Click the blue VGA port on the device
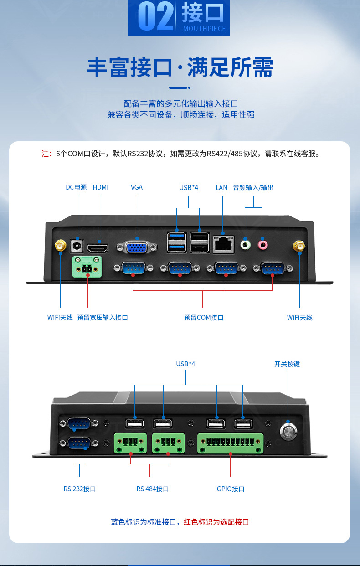tap(136, 247)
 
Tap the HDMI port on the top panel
tap(98, 248)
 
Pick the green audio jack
tap(246, 245)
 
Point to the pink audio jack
tap(263, 245)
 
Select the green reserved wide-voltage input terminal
tap(87, 267)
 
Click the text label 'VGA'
tap(137, 187)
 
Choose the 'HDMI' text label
tap(101, 187)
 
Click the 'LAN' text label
tap(221, 187)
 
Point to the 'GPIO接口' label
tap(231, 489)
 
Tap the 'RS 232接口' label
tap(80, 489)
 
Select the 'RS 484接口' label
tap(153, 489)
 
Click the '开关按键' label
tap(287, 364)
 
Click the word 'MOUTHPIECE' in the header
tap(204, 29)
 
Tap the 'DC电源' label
tap(76, 187)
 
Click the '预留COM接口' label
tap(204, 318)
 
